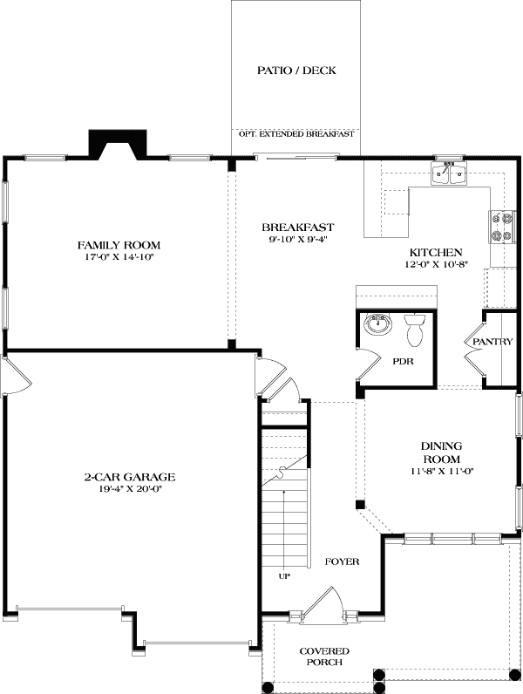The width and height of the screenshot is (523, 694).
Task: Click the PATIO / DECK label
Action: pyautogui.click(x=296, y=71)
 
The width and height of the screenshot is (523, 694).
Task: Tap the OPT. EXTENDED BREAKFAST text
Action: pyautogui.click(x=296, y=134)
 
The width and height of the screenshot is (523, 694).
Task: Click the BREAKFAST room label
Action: pyautogui.click(x=297, y=227)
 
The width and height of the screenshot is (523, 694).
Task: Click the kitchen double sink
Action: pyautogui.click(x=450, y=176)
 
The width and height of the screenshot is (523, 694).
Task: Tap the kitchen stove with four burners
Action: pyautogui.click(x=503, y=228)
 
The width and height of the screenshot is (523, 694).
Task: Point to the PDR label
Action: pyautogui.click(x=402, y=359)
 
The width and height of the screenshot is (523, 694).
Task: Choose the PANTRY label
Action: pyautogui.click(x=492, y=342)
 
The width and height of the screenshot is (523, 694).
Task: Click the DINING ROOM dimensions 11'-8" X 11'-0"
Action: pyautogui.click(x=441, y=472)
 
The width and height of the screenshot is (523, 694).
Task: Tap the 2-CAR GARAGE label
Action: pyautogui.click(x=130, y=477)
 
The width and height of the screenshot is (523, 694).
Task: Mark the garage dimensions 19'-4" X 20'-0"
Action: pyautogui.click(x=130, y=489)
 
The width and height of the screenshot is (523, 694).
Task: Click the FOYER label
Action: pyautogui.click(x=342, y=561)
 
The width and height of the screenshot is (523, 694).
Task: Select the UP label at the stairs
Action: pyautogui.click(x=284, y=575)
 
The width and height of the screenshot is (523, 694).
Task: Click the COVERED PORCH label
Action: pyautogui.click(x=324, y=657)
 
